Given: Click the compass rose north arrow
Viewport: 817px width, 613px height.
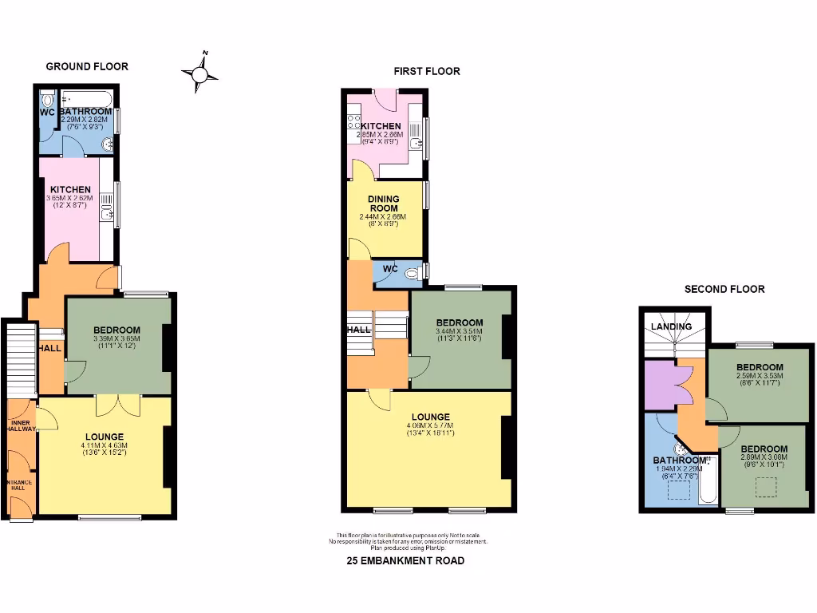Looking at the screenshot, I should coord(200,73).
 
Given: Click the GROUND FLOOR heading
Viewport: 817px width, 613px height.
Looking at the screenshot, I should coord(87,66).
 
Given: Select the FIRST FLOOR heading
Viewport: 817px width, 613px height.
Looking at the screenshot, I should coord(427,71).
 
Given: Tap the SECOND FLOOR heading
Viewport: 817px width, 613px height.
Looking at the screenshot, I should coord(724,289).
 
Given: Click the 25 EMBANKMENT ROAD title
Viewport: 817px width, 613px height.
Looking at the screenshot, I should coord(405,561).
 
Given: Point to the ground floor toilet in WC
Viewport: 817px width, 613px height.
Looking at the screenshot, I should coord(46,101).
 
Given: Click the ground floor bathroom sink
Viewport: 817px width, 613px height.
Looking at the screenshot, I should coord(108,144).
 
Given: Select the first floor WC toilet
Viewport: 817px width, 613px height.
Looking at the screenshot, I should coord(412,273).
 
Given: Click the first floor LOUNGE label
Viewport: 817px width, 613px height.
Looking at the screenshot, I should coord(431,417).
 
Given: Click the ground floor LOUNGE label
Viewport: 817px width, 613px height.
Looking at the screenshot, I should coord(105,436).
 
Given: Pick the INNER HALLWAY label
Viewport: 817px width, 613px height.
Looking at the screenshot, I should coord(22,425).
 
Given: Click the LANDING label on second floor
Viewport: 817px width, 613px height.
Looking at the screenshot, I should coord(671,326).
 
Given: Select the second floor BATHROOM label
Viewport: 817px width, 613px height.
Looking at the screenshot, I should coord(680,461).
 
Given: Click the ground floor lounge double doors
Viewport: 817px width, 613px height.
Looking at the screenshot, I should coord(117,405).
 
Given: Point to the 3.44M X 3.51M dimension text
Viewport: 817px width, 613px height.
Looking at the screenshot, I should coord(459,330).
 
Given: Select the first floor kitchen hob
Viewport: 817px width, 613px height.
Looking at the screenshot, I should coord(353,124).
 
